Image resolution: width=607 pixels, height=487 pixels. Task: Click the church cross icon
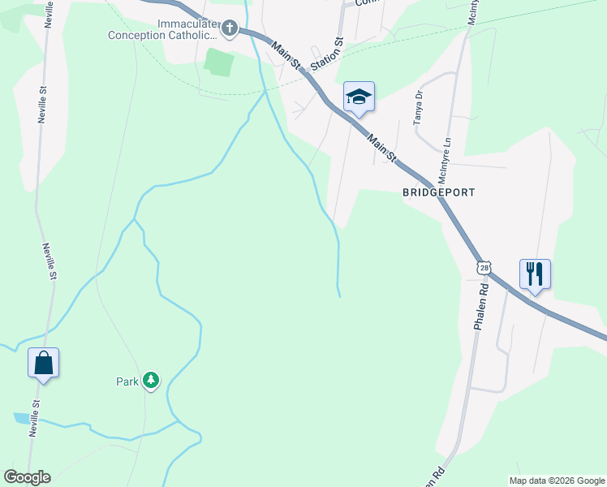coord(230,30)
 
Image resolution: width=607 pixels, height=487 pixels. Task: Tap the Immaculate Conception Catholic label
coord(166,30)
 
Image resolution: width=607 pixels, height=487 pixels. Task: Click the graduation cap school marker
coord(359,97)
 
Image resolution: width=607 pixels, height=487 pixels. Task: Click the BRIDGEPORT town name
coord(438,193)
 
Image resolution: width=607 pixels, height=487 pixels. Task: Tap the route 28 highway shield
coord(484,267)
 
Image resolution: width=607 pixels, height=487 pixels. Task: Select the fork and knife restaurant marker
coord(535,273)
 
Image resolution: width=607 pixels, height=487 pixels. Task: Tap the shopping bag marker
coord(43,362)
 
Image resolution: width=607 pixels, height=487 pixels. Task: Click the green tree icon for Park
coord(150,380)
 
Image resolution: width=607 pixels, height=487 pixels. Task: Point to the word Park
coord(127,381)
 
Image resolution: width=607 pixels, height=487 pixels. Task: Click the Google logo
coord(27,477)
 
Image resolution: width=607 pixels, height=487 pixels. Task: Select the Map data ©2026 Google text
coord(557,481)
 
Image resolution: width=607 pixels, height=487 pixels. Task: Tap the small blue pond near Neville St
coord(19,418)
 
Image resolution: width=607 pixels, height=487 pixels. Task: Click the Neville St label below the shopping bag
coord(34,416)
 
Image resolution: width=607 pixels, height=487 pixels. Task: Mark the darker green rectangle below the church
coord(219,62)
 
